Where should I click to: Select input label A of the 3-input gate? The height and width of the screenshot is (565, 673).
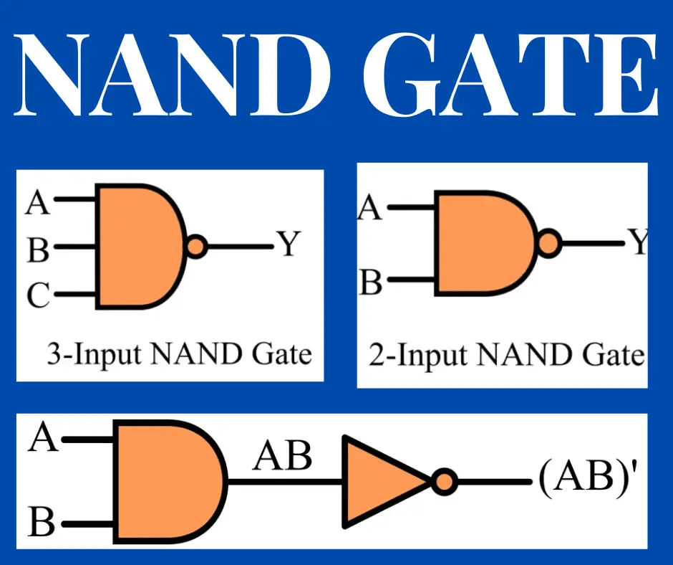coord(38,204)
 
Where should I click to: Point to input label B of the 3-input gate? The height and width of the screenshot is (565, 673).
coord(38,250)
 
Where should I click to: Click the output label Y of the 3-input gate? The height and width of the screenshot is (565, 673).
coord(288,246)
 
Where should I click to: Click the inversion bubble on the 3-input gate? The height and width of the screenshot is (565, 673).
coord(196,247)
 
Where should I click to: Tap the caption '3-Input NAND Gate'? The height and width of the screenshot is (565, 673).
coord(179,354)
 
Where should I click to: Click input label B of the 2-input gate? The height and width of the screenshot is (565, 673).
coord(371,282)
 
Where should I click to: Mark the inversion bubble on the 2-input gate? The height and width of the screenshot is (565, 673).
coord(548,243)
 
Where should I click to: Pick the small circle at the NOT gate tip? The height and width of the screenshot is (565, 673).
coord(444,481)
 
